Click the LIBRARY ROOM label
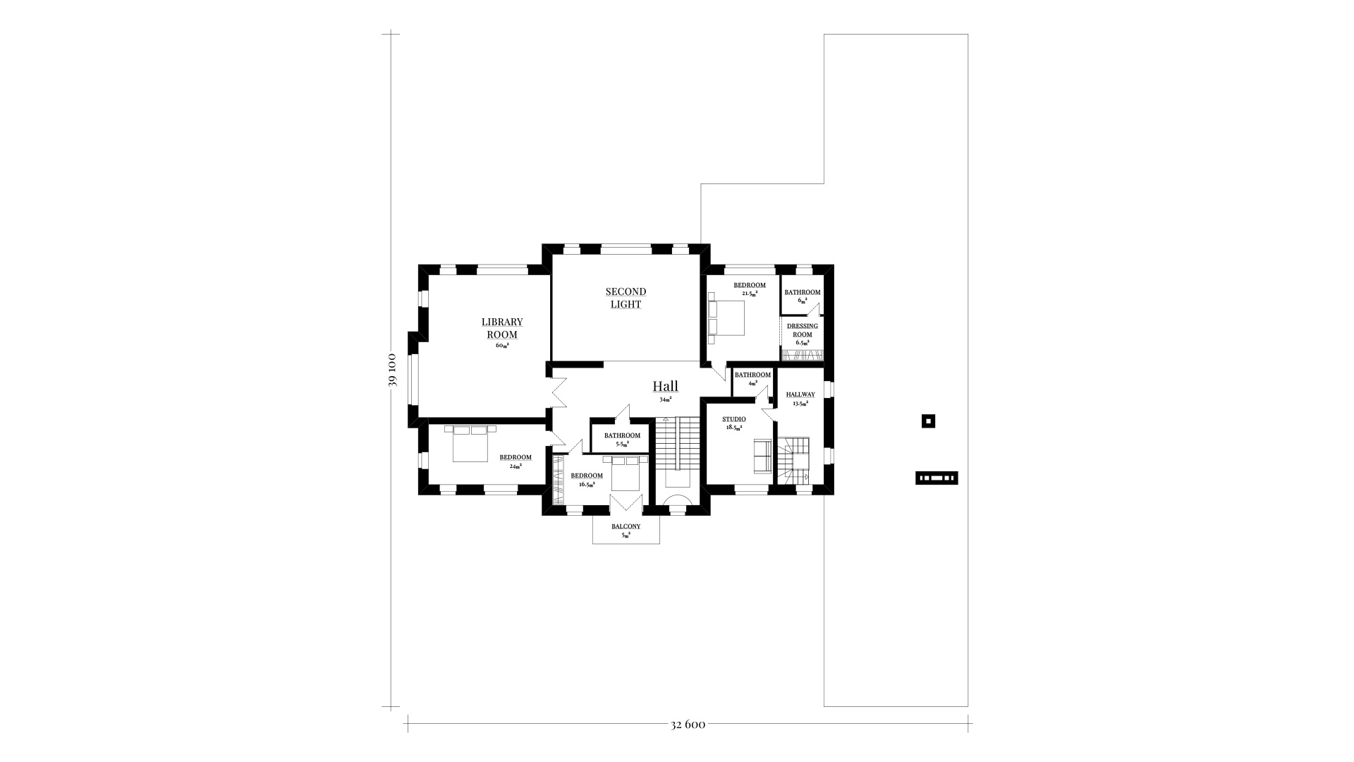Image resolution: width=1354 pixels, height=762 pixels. [502, 328]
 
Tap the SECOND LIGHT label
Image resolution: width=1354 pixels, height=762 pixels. [626, 298]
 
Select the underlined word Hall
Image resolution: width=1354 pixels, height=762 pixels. [665, 386]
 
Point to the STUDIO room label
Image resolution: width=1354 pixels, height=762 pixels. [734, 419]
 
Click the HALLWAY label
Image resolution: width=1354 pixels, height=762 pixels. [800, 394]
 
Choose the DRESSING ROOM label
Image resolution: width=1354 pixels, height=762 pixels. [803, 330]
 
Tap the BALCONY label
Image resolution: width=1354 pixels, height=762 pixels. [626, 526]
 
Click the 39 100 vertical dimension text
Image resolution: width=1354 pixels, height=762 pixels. [393, 370]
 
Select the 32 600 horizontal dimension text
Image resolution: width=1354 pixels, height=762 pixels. [688, 724]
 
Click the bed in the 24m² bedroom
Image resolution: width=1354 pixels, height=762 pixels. [470, 443]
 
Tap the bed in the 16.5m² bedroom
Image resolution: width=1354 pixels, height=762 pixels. [625, 473]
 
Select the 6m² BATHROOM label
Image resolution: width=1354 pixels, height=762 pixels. [803, 292]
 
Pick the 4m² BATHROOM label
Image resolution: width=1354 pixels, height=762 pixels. [752, 375]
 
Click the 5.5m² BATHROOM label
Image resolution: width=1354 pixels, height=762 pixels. [622, 435]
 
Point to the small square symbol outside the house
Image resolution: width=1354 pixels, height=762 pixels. [929, 421]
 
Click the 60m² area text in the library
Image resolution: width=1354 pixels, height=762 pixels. [502, 346]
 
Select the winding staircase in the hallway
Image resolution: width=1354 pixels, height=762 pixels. [793, 460]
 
